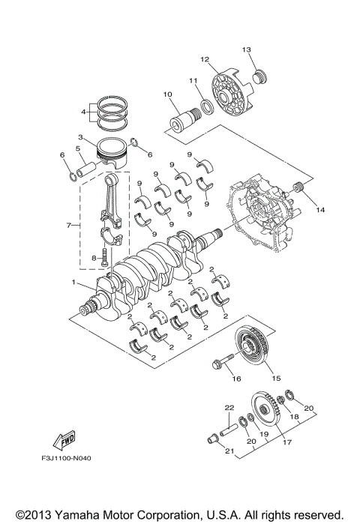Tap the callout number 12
203,58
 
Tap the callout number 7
68,224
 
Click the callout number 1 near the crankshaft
73,283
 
